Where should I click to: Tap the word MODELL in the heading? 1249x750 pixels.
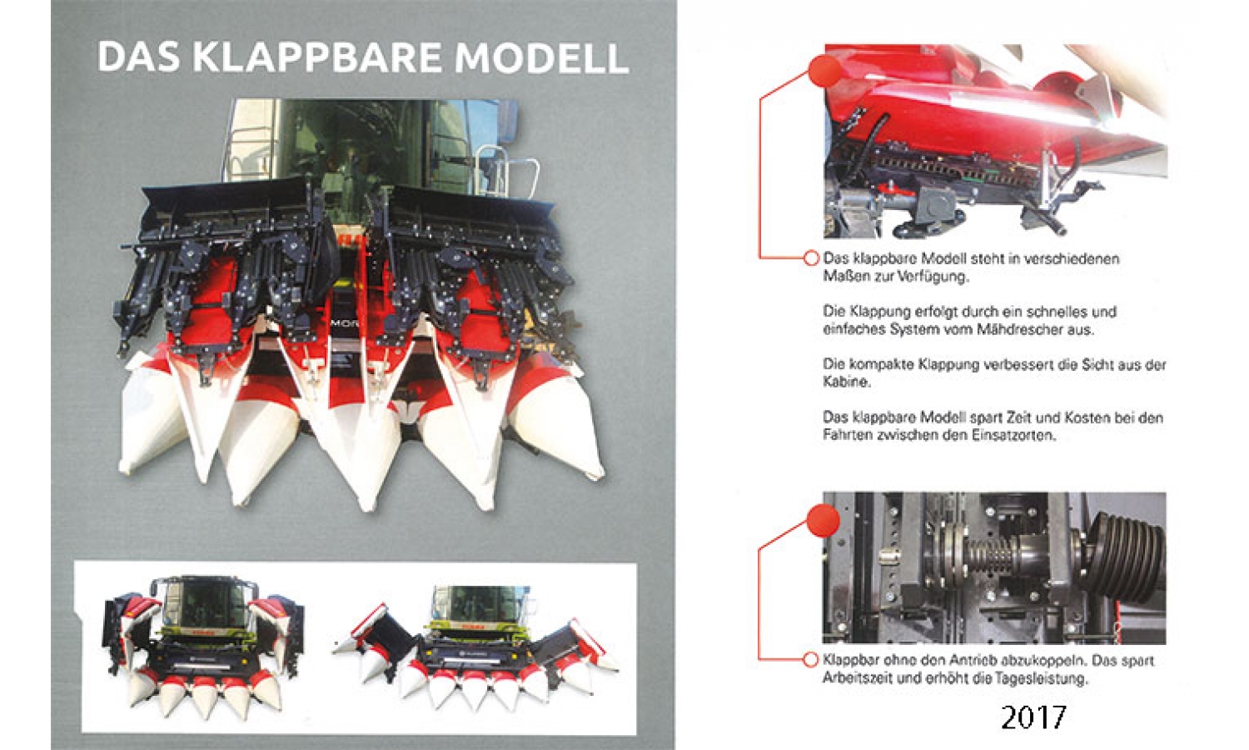point(542,57)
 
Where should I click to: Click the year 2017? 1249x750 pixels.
point(1033,717)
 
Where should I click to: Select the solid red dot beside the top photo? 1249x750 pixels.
point(825,72)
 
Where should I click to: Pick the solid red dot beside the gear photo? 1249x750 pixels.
point(823,521)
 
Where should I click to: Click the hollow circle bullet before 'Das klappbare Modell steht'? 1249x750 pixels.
point(811,258)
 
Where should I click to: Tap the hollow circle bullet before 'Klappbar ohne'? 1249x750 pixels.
point(811,660)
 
